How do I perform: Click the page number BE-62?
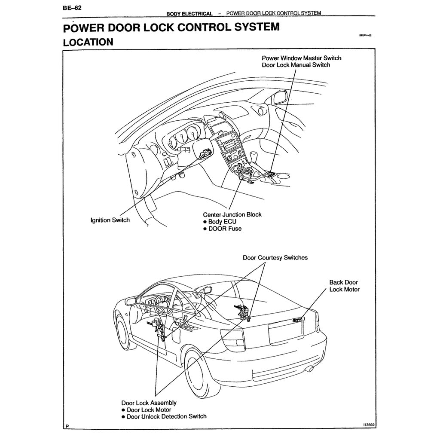[x=72, y=7]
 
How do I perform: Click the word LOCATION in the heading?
[x=88, y=42]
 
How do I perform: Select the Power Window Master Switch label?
[x=302, y=58]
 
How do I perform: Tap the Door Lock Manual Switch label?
[x=296, y=65]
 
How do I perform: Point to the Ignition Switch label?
[x=110, y=220]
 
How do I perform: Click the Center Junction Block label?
[x=232, y=214]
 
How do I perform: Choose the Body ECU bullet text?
[x=222, y=222]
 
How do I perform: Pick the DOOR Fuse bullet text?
[x=225, y=229]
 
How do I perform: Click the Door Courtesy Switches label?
[x=275, y=258]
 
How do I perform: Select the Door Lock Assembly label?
[x=149, y=403]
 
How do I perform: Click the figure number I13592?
[x=369, y=425]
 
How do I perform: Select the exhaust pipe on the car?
[x=309, y=369]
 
